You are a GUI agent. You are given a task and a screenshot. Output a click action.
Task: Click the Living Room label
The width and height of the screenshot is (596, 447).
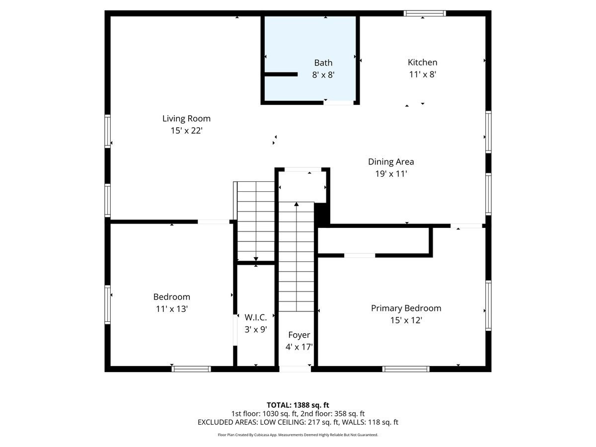pyautogui.click(x=186, y=119)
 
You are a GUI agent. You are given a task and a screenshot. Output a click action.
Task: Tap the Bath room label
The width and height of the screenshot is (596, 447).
pyautogui.click(x=323, y=63)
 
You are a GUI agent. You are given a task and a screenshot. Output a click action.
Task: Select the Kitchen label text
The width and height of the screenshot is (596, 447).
pyautogui.click(x=422, y=63)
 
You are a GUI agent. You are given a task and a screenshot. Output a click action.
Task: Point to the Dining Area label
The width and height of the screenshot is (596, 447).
pyautogui.click(x=391, y=162)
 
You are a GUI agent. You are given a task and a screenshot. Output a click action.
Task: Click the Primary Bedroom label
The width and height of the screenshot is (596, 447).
pyautogui.click(x=406, y=308)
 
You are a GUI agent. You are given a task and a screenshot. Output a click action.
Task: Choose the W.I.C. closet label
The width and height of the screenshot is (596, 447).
pyautogui.click(x=256, y=317)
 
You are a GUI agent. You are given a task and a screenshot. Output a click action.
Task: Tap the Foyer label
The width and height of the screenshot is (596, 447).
pyautogui.click(x=299, y=335)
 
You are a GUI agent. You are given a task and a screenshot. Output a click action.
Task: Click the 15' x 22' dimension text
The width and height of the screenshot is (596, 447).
pyautogui.click(x=186, y=131)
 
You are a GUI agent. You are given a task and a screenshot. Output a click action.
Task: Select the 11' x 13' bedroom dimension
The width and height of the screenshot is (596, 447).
pyautogui.click(x=171, y=309)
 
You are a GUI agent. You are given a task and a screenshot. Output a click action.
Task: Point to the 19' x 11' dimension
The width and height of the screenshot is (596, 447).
pyautogui.click(x=391, y=174)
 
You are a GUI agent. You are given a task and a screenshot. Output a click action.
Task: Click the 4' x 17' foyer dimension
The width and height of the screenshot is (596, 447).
pyautogui.click(x=299, y=347)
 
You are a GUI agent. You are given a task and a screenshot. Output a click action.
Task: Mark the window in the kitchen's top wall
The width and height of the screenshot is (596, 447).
pyautogui.click(x=425, y=13)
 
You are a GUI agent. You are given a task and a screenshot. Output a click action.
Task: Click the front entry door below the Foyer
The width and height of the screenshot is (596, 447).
pyautogui.click(x=295, y=369)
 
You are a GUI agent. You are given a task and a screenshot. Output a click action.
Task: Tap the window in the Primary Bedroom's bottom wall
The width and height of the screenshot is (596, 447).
pyautogui.click(x=406, y=369)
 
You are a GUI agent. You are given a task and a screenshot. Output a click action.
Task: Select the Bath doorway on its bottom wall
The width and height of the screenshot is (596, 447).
pyautogui.click(x=339, y=102)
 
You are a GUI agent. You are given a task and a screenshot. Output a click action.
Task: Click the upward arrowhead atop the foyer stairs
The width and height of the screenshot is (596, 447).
pyautogui.click(x=297, y=204)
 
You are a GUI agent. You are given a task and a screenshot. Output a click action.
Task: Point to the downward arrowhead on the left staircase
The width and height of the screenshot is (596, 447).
pyautogui.click(x=256, y=259)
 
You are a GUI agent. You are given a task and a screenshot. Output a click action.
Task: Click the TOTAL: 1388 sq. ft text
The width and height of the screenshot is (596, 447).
pyautogui.click(x=298, y=405)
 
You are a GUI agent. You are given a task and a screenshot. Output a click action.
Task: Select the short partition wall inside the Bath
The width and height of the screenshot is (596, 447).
pyautogui.click(x=281, y=74)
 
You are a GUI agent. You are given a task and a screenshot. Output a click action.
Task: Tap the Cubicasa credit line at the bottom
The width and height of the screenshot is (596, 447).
pyautogui.click(x=298, y=435)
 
